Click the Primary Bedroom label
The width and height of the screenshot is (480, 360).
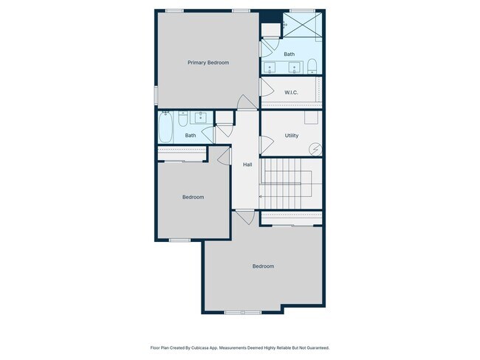coord(208,63)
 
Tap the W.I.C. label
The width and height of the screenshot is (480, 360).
coord(290,92)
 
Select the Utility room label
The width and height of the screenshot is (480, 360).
coord(291,136)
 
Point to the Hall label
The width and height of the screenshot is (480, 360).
coord(247,164)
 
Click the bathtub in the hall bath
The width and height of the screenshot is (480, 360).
coord(166,126)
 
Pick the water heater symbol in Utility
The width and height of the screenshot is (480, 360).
coord(315,148)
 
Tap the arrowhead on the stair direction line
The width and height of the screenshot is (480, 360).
coord(260,197)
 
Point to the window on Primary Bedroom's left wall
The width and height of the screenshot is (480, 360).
coord(155,96)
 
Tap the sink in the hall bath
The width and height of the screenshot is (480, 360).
coord(200,117)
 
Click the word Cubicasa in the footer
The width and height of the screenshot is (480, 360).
coord(208,347)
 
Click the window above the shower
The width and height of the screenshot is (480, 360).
coord(298,10)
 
